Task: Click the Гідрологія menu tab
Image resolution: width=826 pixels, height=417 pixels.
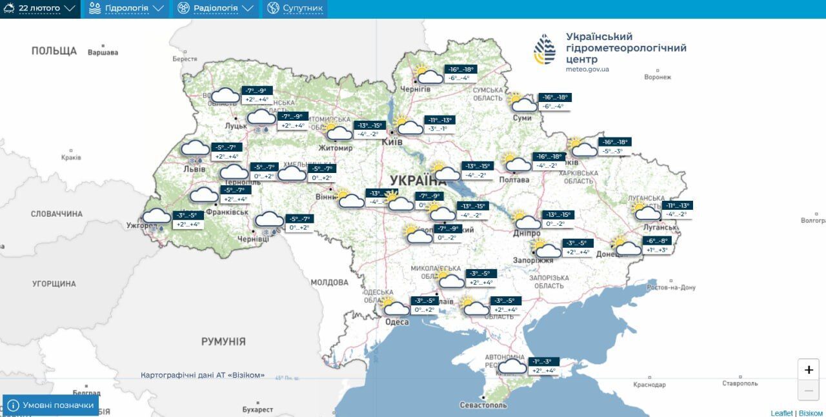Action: click(126, 8)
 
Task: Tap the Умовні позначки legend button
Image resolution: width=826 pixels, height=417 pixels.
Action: click(51, 405)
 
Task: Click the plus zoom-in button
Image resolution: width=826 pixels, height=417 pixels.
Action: click(809, 370)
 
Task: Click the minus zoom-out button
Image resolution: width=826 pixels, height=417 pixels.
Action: click(809, 390)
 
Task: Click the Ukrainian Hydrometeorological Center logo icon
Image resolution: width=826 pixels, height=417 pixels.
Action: click(544, 50)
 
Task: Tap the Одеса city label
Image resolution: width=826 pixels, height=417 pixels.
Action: click(397, 322)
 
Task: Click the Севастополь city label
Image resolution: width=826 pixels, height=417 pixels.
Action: click(483, 405)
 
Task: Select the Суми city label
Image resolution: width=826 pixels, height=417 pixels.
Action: click(522, 118)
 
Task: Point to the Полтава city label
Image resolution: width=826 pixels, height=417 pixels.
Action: click(514, 179)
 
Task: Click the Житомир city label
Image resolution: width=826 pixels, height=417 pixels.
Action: click(335, 148)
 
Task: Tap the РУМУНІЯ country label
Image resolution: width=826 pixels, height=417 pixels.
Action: click(223, 341)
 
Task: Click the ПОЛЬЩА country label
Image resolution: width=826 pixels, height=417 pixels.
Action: click(54, 50)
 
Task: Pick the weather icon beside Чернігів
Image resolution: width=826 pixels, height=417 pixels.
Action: click(428, 76)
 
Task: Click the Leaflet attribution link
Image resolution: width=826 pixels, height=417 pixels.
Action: click(781, 413)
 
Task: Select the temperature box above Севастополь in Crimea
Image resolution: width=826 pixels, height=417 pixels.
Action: click(543, 366)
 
